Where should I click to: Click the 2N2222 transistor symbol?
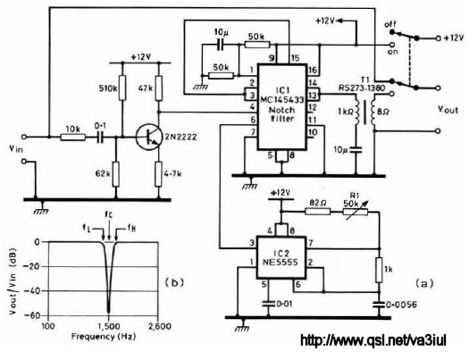(147, 138)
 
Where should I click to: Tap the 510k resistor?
(122, 88)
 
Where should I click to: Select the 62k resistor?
(116, 173)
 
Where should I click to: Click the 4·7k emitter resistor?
(158, 173)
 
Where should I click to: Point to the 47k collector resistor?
(159, 88)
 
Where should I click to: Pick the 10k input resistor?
(73, 138)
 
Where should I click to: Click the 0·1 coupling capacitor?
(100, 138)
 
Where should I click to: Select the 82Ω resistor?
(318, 212)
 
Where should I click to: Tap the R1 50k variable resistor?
(356, 212)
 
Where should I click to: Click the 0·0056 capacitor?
(380, 305)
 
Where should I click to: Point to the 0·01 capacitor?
(268, 304)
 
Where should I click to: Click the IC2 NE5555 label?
(281, 258)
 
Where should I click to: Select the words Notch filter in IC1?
(281, 114)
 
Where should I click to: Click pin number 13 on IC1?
(313, 96)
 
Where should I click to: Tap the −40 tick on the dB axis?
(36, 290)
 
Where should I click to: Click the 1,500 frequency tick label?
(109, 326)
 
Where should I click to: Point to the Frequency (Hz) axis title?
(104, 337)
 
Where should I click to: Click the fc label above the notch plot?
(109, 214)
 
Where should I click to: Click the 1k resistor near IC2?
(380, 270)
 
